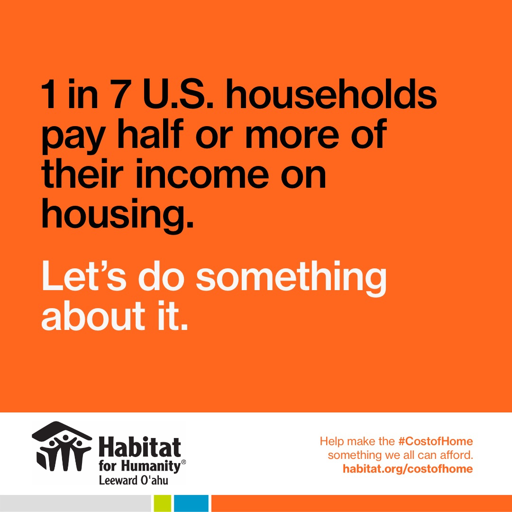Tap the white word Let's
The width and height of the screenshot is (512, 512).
pos(83,275)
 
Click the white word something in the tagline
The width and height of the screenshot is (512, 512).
pos(291,279)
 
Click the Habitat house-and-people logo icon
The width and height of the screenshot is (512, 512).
pos(61,447)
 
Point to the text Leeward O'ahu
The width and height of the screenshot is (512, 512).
pos(134,480)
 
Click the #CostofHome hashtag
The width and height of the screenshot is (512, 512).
pos(436,441)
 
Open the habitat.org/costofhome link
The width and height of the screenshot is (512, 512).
pos(408,468)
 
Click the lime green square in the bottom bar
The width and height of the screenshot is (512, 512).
pos(162,503)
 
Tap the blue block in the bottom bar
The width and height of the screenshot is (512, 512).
pos(191,503)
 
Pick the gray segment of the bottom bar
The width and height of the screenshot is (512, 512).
pos(75,503)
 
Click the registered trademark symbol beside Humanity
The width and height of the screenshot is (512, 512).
pos(183,462)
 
